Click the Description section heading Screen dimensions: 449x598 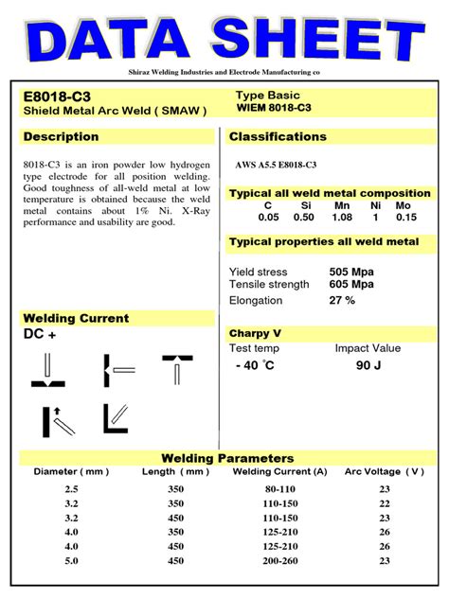[62, 137]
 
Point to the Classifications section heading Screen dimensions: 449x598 [278, 137]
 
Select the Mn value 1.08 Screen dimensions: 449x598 [341, 217]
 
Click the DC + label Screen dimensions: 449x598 [40, 334]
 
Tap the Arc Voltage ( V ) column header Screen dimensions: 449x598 [385, 471]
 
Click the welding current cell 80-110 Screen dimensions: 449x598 [280, 488]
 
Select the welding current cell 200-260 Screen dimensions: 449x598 [280, 560]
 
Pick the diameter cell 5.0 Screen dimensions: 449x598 [72, 560]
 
